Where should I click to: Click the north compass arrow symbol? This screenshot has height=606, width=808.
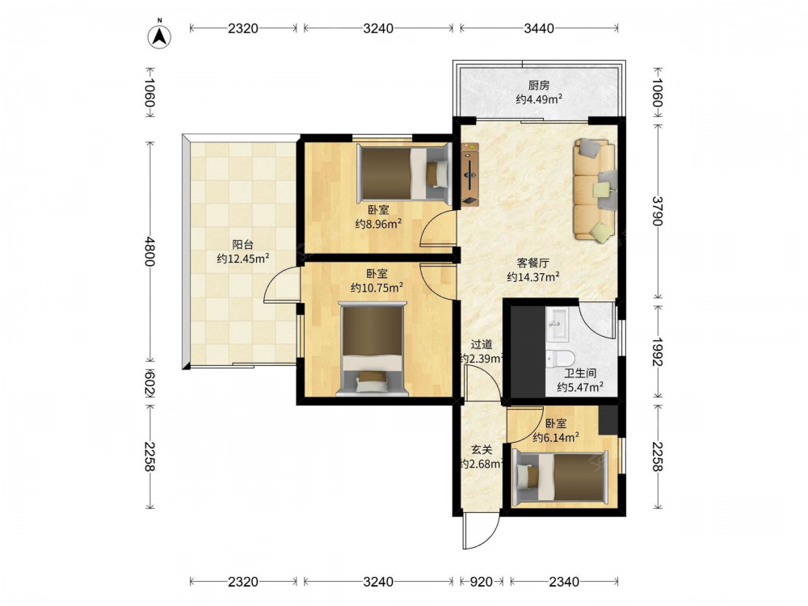(160, 36)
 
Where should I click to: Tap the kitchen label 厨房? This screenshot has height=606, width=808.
(539, 85)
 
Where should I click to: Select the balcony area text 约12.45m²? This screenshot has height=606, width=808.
(242, 259)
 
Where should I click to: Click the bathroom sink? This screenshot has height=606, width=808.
(557, 325)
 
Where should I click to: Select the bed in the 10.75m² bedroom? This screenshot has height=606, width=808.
(372, 349)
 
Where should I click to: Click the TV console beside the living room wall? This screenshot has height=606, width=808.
(470, 175)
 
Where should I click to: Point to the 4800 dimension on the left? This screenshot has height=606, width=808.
(149, 251)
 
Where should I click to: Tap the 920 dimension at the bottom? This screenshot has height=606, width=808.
(482, 583)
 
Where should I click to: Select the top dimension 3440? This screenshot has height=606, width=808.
(539, 28)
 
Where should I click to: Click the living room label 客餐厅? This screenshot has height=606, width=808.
(533, 263)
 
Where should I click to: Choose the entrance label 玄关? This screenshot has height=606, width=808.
(482, 450)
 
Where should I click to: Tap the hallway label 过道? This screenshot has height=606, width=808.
(482, 344)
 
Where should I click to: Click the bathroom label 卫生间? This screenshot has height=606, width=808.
(580, 373)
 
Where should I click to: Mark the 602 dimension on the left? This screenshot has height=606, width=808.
(149, 383)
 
